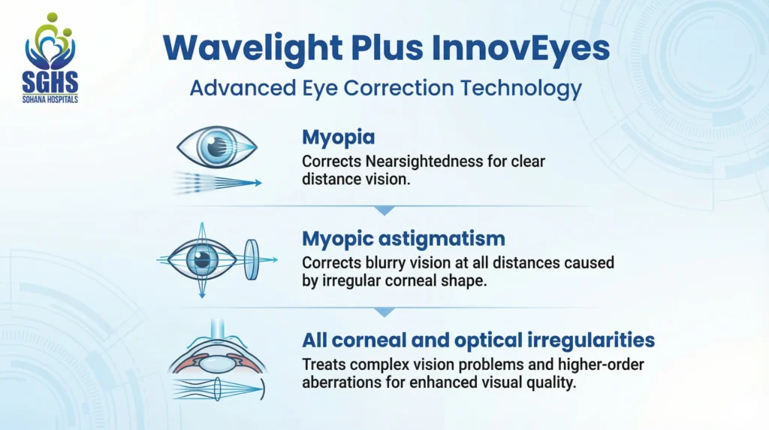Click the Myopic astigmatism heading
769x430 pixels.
[403, 239]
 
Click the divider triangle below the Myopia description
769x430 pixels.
[384, 210]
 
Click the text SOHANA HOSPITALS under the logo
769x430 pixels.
[51, 98]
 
